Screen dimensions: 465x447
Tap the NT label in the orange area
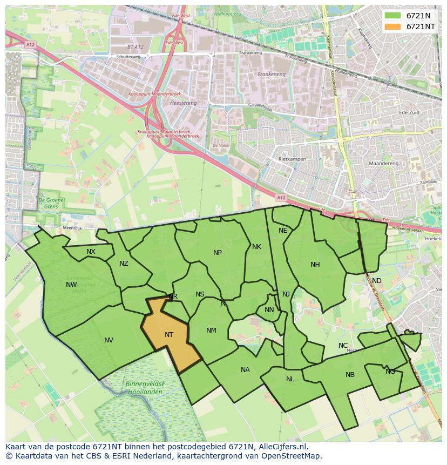coord(169,335)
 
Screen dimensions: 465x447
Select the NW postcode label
coord(71,285)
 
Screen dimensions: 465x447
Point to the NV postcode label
coord(109,340)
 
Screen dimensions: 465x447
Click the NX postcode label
coord(91,252)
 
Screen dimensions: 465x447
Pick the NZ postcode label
coord(124,264)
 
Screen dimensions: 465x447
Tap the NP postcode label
coord(218,253)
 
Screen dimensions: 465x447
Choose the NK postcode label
coord(256,247)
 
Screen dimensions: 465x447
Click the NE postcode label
coord(283,231)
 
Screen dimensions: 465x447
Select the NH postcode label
coord(315,265)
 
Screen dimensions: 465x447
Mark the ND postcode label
coord(376,281)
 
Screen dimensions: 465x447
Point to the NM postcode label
coord(211,331)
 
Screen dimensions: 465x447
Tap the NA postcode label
coord(245,370)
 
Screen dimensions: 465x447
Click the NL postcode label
coord(290,379)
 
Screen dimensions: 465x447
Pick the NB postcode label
coord(350,375)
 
